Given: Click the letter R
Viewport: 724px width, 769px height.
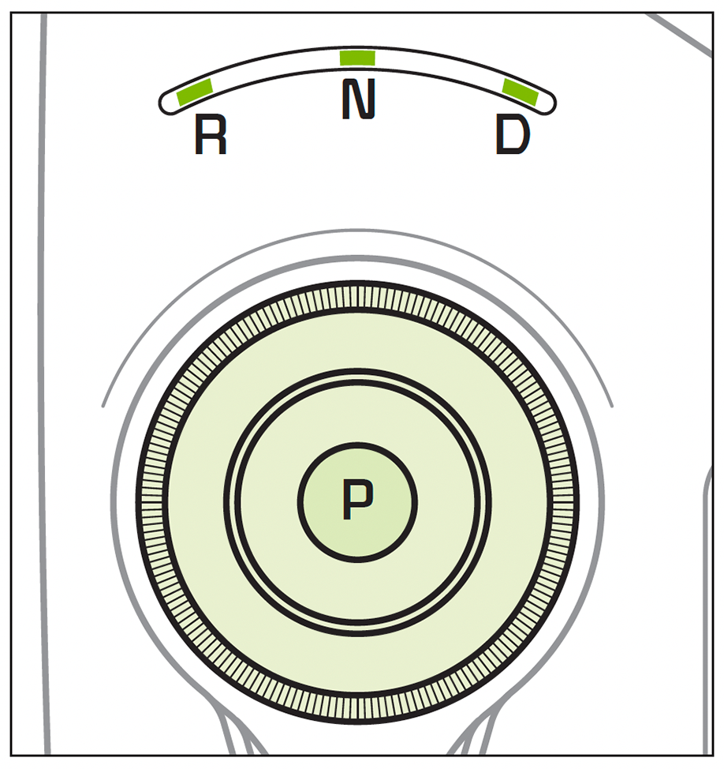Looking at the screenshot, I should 211,136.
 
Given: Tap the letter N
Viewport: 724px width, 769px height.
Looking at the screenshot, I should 358,99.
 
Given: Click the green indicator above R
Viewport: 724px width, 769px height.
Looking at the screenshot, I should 196,92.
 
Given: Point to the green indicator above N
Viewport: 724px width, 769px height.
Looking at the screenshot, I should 357,58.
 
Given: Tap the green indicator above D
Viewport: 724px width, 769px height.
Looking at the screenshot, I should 521,92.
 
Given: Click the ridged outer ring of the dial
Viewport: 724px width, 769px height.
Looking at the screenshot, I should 358,297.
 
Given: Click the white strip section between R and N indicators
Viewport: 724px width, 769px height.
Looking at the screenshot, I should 276,69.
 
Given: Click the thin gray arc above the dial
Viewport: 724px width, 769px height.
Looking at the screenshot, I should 358,231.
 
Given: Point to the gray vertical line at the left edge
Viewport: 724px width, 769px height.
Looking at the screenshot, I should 43,395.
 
